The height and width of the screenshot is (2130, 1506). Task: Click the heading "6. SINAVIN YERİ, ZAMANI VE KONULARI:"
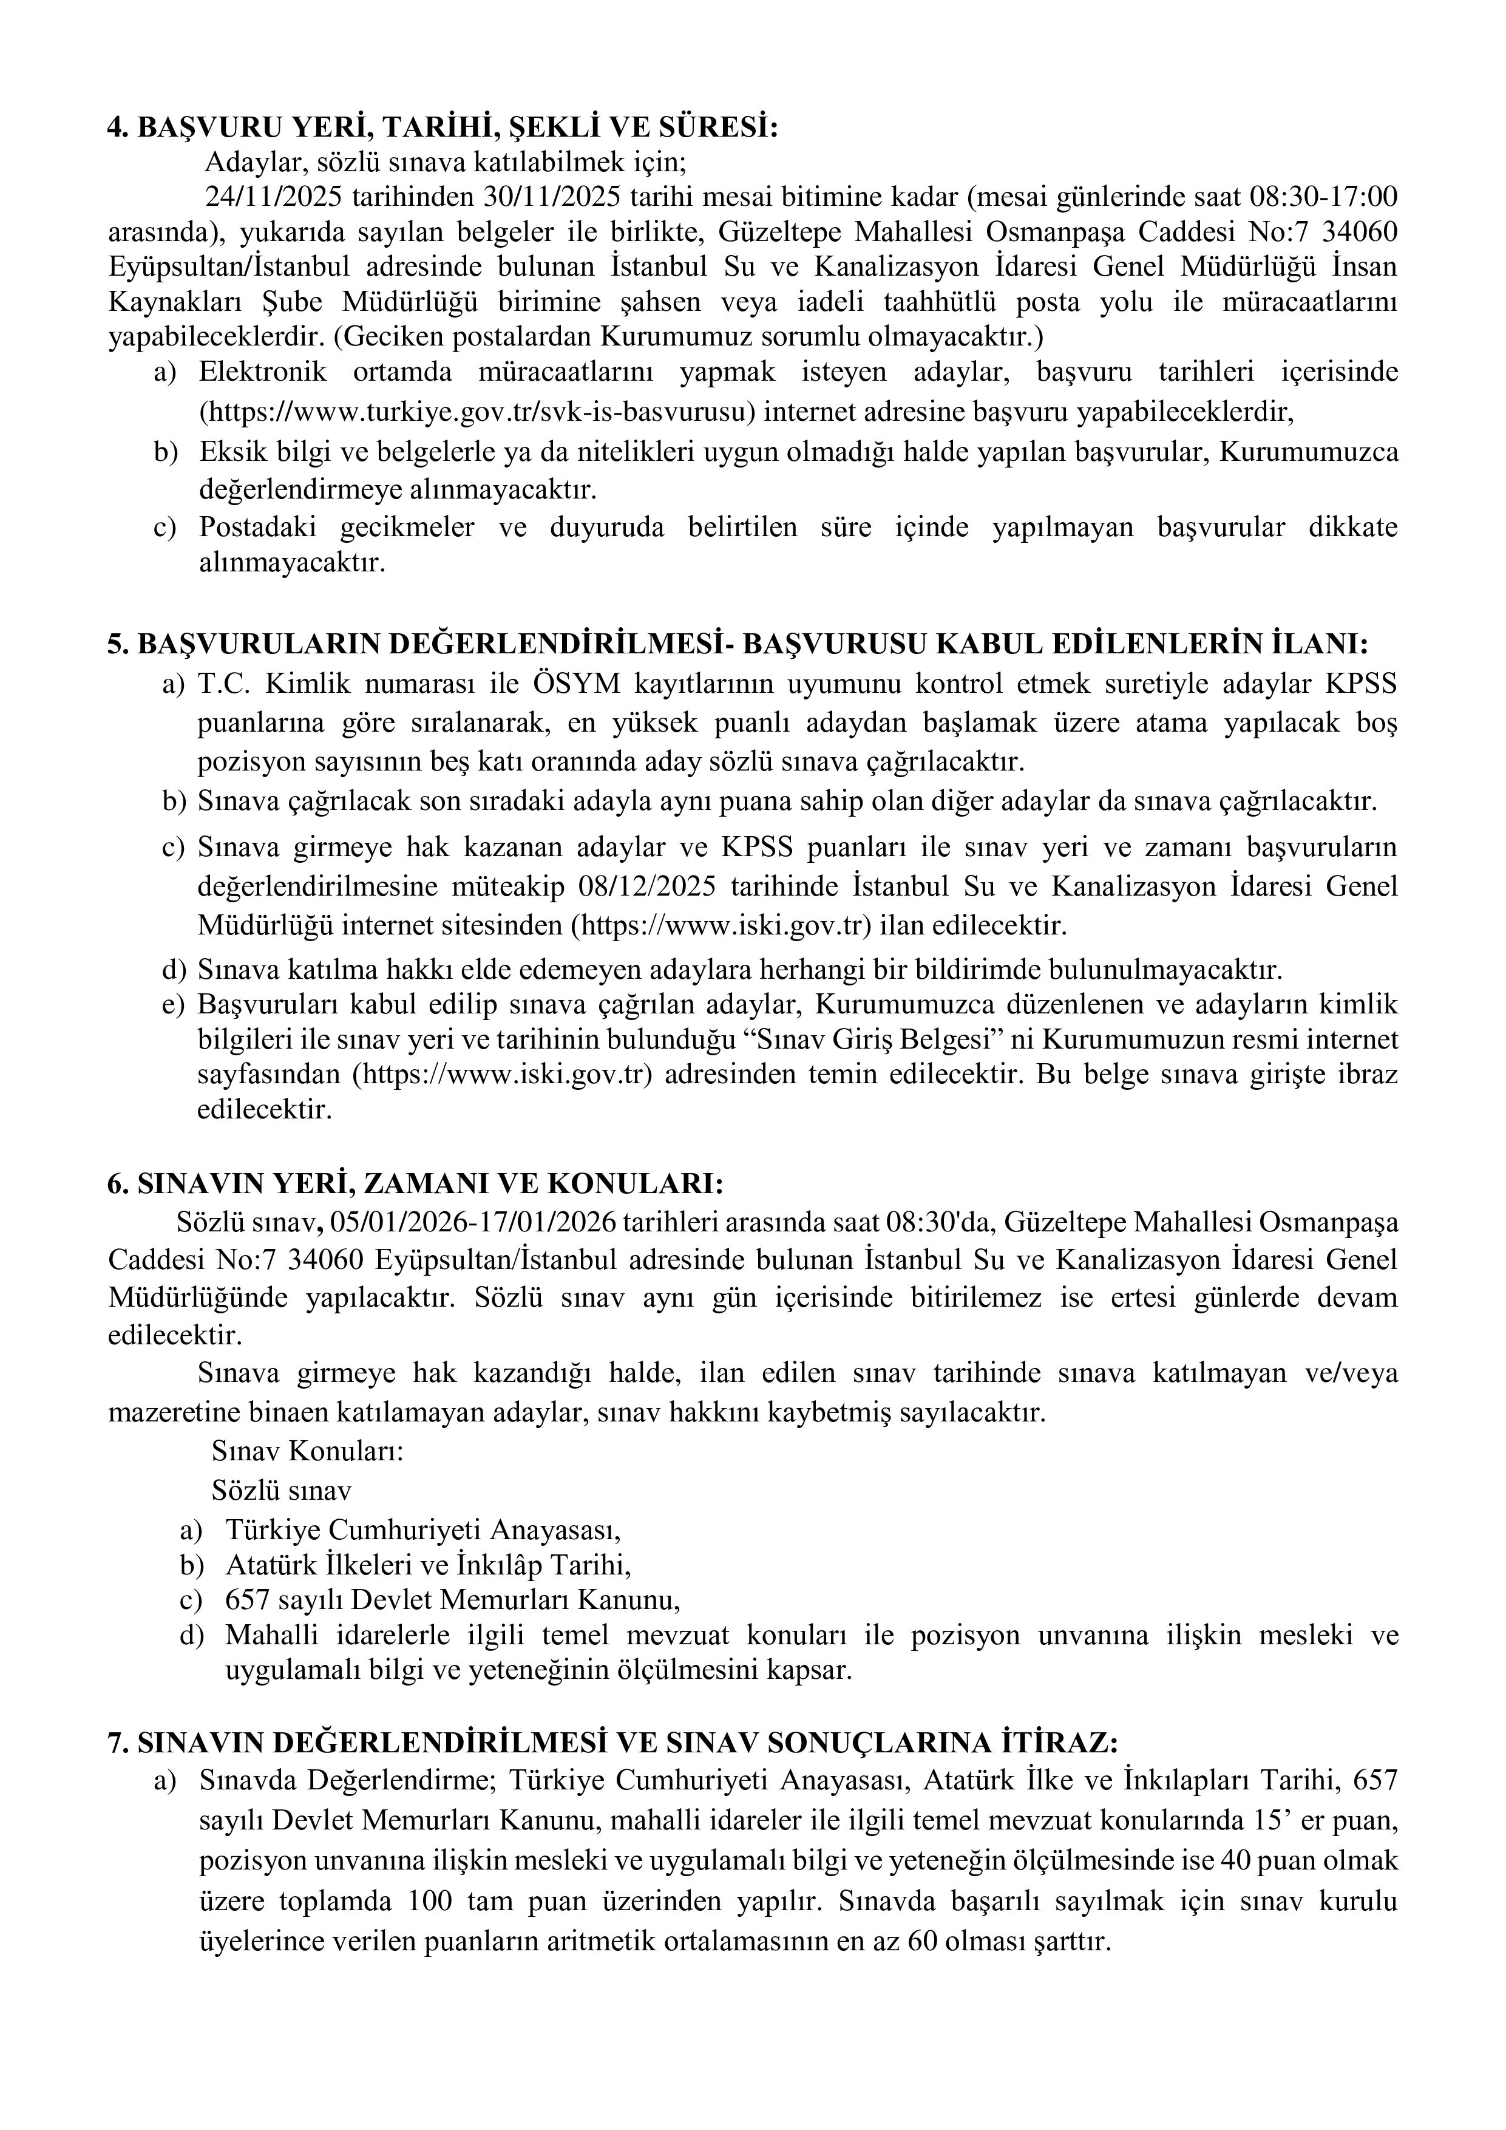click(x=415, y=1185)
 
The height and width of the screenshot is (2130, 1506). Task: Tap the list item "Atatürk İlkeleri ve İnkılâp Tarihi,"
click(x=429, y=1565)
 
